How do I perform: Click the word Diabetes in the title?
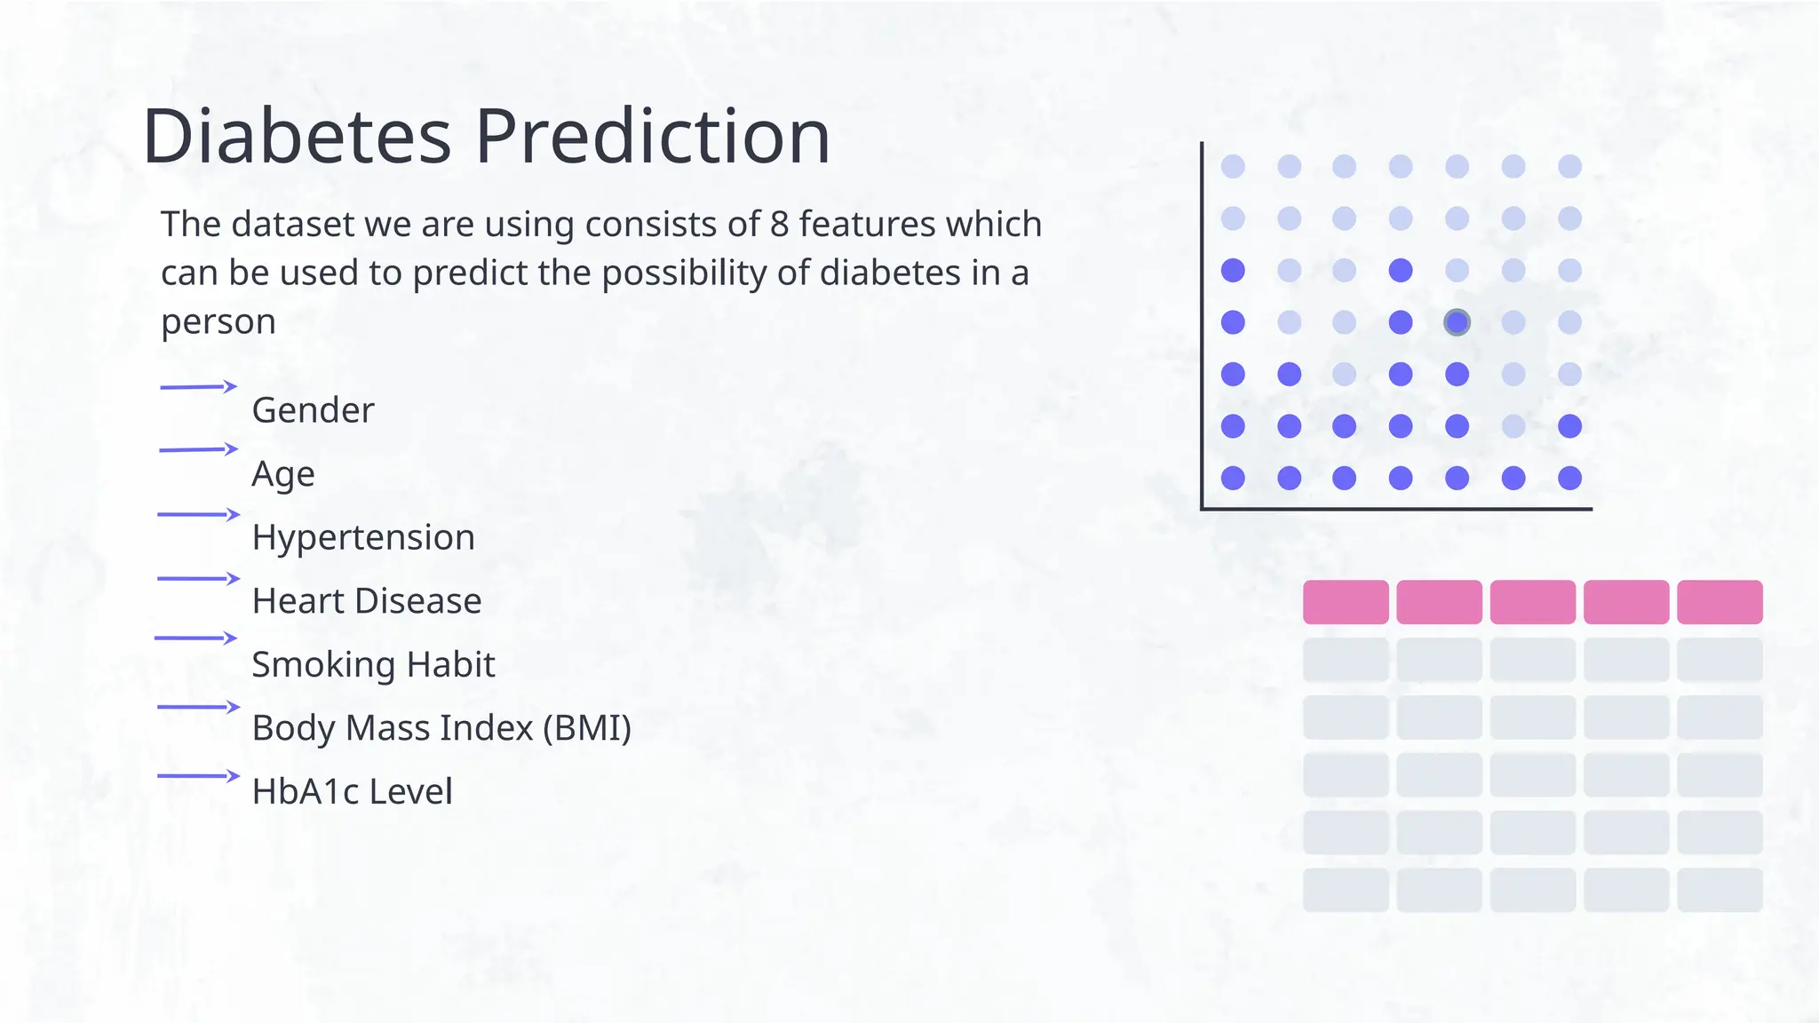click(297, 137)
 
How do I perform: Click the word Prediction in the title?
click(653, 137)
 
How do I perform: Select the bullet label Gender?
click(313, 410)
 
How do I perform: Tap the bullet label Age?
click(282, 474)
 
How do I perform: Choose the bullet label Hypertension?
click(363, 537)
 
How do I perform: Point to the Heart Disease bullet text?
click(366, 601)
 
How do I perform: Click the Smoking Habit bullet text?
click(373, 664)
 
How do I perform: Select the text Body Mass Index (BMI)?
click(441, 728)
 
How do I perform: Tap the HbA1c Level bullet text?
click(352, 791)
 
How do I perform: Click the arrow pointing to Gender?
click(198, 386)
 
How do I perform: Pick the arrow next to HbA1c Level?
click(198, 776)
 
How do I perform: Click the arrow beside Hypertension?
click(198, 514)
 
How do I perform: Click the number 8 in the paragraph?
click(779, 224)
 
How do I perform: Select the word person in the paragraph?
click(218, 321)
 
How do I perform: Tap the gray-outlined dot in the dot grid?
click(1457, 322)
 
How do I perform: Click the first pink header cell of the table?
click(1345, 602)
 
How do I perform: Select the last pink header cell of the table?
click(1720, 602)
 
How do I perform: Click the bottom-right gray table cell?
click(1720, 890)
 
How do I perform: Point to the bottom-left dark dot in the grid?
click(1233, 479)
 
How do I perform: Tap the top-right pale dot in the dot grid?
click(1569, 166)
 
